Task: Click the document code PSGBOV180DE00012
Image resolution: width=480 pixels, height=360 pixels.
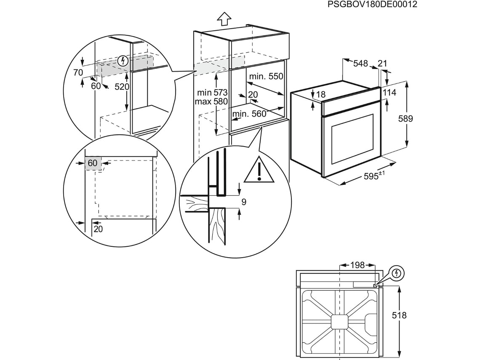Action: pyautogui.click(x=366, y=5)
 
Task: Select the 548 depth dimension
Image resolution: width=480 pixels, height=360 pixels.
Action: pyautogui.click(x=360, y=64)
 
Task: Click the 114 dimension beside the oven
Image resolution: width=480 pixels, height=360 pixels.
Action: pyautogui.click(x=389, y=93)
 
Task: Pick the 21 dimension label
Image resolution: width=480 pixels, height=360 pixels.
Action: pyautogui.click(x=382, y=64)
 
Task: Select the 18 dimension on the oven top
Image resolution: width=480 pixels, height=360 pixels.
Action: pyautogui.click(x=321, y=95)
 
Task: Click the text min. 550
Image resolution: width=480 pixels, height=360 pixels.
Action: pyautogui.click(x=266, y=77)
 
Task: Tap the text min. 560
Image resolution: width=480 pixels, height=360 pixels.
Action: pyautogui.click(x=249, y=113)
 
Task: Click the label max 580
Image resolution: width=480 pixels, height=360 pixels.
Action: pyautogui.click(x=211, y=101)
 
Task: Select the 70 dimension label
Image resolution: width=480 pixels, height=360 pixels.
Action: pyautogui.click(x=78, y=72)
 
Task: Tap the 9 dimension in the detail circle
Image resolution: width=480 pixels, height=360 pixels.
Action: pyautogui.click(x=244, y=202)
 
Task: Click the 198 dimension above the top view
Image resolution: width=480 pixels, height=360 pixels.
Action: pyautogui.click(x=357, y=265)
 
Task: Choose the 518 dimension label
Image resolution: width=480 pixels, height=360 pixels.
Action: pyautogui.click(x=399, y=315)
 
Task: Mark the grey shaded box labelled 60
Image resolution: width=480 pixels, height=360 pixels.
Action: pyautogui.click(x=93, y=163)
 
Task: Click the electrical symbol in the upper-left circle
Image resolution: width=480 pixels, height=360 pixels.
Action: pyautogui.click(x=123, y=61)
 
